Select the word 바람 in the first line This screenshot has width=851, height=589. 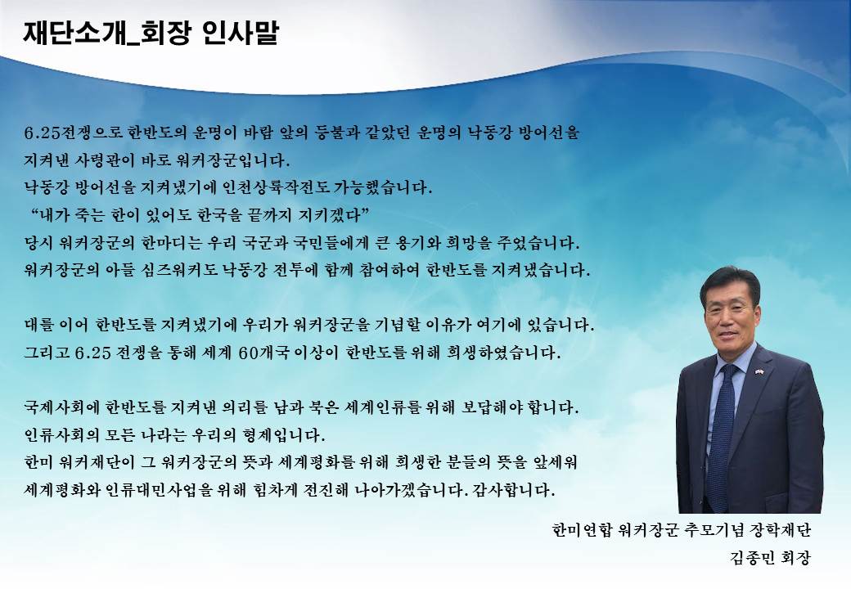[259, 133]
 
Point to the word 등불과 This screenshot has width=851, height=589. [338, 133]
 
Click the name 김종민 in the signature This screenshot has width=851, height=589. [751, 558]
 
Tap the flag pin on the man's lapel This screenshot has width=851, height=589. [759, 372]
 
